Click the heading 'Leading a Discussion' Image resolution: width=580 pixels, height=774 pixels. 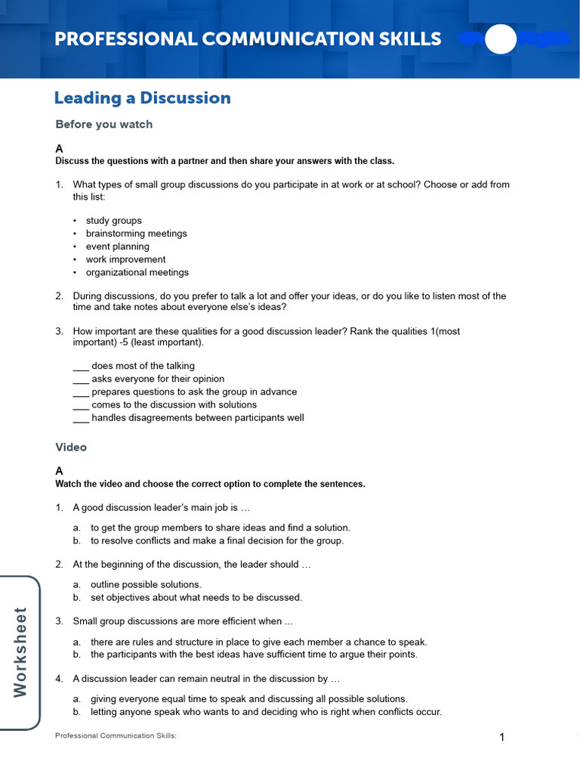coord(143,98)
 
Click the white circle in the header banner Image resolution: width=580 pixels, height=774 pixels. coord(500,39)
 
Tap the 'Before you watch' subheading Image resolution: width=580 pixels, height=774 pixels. coord(104,125)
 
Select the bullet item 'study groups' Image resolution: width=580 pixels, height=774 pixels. coord(113,221)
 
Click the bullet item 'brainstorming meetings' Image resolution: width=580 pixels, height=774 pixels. coord(136,234)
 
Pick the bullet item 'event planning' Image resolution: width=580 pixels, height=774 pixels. coord(117,246)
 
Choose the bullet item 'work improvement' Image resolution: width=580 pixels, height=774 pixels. coord(125,259)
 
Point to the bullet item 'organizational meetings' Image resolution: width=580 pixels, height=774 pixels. coord(137,272)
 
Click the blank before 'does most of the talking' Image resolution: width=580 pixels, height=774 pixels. coord(81,367)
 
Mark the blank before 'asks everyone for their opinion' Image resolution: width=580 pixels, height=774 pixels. coord(81,379)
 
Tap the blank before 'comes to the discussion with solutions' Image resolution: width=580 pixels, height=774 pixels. coord(81,405)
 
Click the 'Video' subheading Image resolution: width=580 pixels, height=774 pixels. coord(72,447)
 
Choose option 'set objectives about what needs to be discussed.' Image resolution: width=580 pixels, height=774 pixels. coord(196,597)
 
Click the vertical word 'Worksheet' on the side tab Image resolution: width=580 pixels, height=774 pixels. coord(20,653)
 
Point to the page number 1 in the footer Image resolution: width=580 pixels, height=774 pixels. coord(501,738)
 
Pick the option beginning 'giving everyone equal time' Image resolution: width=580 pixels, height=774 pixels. coord(248,699)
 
